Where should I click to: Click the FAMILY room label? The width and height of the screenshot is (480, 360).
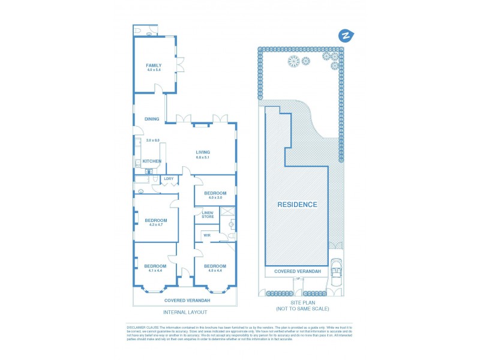pyautogui.click(x=154, y=65)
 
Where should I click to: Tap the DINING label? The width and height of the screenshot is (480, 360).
pyautogui.click(x=152, y=119)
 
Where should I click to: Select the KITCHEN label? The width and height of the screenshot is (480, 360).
pyautogui.click(x=152, y=161)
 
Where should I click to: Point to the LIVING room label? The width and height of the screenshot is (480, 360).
pyautogui.click(x=203, y=152)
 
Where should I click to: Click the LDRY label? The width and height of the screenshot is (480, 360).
pyautogui.click(x=169, y=178)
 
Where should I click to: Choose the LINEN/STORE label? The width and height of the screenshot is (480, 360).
pyautogui.click(x=208, y=214)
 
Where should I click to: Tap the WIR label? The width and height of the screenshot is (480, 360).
pyautogui.click(x=206, y=235)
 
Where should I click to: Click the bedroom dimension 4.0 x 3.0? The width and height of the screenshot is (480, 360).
pyautogui.click(x=215, y=197)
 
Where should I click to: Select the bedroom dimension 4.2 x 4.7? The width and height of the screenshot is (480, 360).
pyautogui.click(x=155, y=224)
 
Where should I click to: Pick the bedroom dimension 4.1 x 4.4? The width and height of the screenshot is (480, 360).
pyautogui.click(x=155, y=270)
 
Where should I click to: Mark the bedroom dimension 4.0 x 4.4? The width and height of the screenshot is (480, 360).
pyautogui.click(x=215, y=270)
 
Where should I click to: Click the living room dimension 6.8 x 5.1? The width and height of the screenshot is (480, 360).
pyautogui.click(x=203, y=157)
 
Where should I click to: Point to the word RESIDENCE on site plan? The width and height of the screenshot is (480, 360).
pyautogui.click(x=297, y=205)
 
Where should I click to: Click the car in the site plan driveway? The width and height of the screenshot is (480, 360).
pyautogui.click(x=337, y=274)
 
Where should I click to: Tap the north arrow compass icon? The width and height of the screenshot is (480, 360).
pyautogui.click(x=345, y=35)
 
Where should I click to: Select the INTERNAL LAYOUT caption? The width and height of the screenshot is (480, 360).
pyautogui.click(x=185, y=312)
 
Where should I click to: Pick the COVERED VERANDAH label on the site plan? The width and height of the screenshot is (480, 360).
pyautogui.click(x=297, y=271)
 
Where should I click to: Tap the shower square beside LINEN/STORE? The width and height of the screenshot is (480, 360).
pyautogui.click(x=228, y=211)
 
